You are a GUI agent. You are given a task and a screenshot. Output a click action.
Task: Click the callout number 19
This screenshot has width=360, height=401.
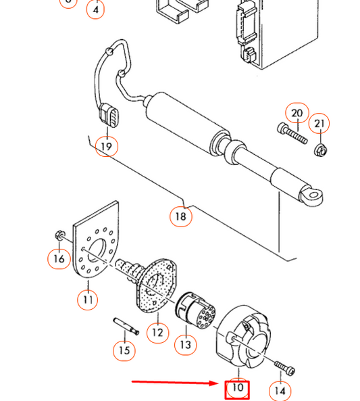[107, 147]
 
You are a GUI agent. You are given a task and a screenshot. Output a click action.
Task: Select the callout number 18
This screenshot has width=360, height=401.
[181, 216]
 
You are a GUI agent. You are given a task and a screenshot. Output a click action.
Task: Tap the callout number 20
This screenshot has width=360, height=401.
[297, 113]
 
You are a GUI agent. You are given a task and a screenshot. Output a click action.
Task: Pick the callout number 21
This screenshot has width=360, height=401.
[319, 124]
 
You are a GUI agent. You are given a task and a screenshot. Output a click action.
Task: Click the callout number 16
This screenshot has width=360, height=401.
[59, 258]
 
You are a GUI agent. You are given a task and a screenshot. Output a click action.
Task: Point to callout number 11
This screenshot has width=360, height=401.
[88, 300]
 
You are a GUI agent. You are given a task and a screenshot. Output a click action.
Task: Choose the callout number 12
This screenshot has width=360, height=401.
[157, 333]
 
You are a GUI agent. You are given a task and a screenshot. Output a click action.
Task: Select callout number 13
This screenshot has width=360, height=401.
[186, 344]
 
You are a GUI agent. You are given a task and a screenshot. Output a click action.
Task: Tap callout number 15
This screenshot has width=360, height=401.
[124, 350]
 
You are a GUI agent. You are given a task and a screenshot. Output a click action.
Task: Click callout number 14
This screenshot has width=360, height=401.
[280, 391]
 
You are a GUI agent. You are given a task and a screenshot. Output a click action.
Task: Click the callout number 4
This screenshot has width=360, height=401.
[95, 9]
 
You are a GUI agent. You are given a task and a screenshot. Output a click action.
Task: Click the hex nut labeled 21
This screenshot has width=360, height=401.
[322, 150]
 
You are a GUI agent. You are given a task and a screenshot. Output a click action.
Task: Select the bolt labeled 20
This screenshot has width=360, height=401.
[292, 134]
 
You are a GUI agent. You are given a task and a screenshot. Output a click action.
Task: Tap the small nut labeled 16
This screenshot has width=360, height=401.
[60, 235]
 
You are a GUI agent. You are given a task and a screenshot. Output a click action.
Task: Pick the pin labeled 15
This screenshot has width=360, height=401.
[126, 326]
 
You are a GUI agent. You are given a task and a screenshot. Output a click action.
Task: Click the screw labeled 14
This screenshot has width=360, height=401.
[285, 367]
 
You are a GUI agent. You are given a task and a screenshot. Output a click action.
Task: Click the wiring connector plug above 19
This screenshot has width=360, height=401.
[109, 115]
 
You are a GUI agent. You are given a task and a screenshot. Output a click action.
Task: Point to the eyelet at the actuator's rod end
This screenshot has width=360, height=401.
[312, 196]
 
